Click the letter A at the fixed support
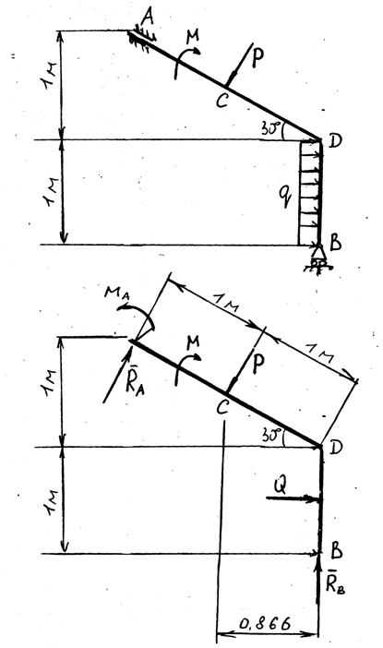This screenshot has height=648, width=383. (x=147, y=18)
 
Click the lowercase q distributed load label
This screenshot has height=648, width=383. (x=285, y=195)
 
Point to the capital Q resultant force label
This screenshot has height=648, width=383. (x=281, y=486)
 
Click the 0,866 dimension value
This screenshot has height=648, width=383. (x=265, y=623)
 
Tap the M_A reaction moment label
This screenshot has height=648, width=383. (x=118, y=293)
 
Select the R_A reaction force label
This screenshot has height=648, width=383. (x=135, y=384)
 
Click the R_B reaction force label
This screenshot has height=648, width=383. (x=335, y=583)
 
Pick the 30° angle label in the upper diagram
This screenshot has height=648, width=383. (x=270, y=128)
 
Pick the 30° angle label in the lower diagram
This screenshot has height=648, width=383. (x=271, y=435)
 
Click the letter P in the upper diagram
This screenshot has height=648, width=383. (x=257, y=58)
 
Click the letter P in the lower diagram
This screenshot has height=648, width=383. (x=257, y=365)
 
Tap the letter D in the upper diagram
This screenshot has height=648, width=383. (x=335, y=141)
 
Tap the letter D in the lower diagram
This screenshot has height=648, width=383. (x=336, y=448)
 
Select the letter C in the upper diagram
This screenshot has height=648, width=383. (x=221, y=101)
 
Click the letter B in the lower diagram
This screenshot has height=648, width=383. (x=336, y=551)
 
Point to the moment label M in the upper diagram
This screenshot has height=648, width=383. (x=193, y=37)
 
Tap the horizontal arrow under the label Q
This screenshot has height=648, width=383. (x=293, y=498)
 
